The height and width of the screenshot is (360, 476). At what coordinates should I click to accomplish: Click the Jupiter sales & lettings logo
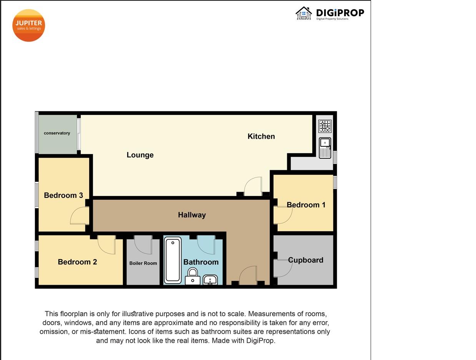click(28, 25)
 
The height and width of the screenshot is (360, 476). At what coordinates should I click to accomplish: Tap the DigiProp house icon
click(304, 13)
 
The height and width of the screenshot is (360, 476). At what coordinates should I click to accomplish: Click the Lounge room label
click(140, 155)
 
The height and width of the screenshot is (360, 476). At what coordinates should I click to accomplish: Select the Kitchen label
click(261, 136)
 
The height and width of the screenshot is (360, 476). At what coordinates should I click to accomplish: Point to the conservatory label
click(57, 133)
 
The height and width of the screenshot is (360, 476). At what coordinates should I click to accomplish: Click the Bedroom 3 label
click(63, 195)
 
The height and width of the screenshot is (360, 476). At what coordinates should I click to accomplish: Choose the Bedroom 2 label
click(77, 262)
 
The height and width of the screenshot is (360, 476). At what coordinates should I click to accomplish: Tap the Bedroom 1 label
click(306, 205)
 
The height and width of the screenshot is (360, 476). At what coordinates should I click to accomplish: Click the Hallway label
click(192, 215)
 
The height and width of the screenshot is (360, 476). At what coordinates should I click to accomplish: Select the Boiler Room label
click(143, 263)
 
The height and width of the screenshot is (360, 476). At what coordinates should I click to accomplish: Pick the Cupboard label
click(306, 260)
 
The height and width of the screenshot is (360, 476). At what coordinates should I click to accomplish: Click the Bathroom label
click(201, 262)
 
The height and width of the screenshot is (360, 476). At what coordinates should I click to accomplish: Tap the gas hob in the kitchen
click(325, 126)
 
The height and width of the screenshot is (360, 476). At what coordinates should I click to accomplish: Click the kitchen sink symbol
click(325, 148)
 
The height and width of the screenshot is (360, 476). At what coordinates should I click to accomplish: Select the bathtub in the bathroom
click(173, 260)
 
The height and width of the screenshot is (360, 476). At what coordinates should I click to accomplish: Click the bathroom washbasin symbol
click(210, 280)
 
